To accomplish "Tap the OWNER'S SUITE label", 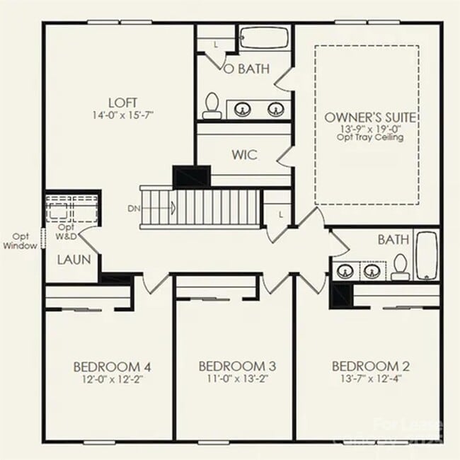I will pos(369,117).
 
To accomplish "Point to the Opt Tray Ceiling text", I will pos(369,137).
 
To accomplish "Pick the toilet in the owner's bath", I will pos(210,106).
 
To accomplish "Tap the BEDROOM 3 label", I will pos(237,367).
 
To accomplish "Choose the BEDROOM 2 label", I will pos(371,367).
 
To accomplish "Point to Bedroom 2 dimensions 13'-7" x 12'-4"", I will pos(371,379).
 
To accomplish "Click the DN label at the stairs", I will pos(134,208).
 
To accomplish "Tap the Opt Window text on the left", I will pos(20,241).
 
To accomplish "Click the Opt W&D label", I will pos(67,231).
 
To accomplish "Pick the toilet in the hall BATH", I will pos(401,266).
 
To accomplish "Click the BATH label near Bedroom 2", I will pos(393,241).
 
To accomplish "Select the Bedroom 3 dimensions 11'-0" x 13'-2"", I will pos(237,379).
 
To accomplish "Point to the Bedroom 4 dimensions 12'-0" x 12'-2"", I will pos(112,379).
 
